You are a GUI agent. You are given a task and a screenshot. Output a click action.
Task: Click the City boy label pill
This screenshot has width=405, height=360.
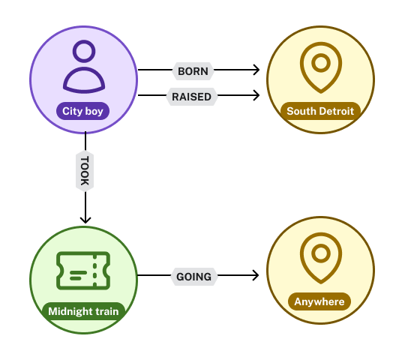click(82, 111)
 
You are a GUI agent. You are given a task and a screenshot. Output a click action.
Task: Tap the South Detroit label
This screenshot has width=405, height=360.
click(320, 111)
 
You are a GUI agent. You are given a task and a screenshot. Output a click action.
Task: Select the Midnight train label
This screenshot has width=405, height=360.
click(83, 311)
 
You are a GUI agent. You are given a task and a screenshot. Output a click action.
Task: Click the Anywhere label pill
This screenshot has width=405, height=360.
click(319, 301)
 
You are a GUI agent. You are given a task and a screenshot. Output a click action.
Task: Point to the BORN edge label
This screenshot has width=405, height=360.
click(193, 71)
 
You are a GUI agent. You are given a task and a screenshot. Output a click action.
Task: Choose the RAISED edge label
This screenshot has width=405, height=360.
click(192, 97)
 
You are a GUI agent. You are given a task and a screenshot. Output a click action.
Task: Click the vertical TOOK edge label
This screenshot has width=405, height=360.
click(85, 171)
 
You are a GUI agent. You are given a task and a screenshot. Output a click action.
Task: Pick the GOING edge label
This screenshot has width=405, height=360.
click(193, 277)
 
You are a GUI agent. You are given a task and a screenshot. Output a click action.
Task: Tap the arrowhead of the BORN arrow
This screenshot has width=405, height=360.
click(256, 70)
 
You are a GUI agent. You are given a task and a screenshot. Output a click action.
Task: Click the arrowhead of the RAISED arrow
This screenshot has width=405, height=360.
click(256, 95)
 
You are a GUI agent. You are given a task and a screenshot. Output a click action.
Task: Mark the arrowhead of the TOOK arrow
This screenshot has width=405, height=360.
click(85, 220)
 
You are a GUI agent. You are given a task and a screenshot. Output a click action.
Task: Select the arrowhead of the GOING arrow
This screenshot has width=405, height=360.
click(256, 275)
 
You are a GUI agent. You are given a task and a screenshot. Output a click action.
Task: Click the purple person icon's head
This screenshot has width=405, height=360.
click(84, 51)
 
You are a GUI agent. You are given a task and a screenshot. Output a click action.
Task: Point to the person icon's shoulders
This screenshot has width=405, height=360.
click(84, 79)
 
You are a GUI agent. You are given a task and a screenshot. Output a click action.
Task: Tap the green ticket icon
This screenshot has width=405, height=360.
click(83, 271)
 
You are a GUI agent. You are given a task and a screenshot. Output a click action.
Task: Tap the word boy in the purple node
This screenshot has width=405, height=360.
click(94, 111)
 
